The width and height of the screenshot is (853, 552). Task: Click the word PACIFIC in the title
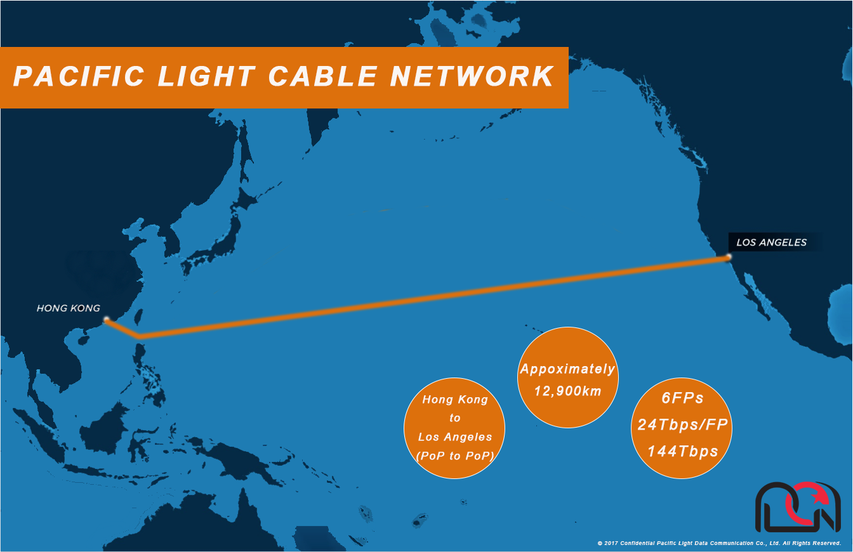[x=79, y=76]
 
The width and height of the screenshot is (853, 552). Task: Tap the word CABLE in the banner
[x=322, y=76]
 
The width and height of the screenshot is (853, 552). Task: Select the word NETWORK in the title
[x=472, y=76]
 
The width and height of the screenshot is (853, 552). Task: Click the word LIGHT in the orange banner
[x=206, y=76]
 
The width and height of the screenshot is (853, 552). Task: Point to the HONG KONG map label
[x=69, y=308]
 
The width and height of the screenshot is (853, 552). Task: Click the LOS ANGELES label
[x=772, y=242]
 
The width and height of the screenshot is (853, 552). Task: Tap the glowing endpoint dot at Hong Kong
[x=107, y=319]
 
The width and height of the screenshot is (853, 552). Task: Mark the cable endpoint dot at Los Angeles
[x=729, y=257]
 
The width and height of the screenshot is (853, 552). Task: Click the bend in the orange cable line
[x=140, y=336]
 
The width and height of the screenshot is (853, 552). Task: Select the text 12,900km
[x=568, y=391]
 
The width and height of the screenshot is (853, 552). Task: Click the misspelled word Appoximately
[x=568, y=369]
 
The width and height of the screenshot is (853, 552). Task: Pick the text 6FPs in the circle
[x=682, y=398]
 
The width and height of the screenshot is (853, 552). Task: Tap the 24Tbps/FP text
[x=682, y=424]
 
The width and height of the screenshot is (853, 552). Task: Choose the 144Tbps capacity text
[x=682, y=452]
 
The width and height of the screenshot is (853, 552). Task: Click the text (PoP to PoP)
[x=455, y=456]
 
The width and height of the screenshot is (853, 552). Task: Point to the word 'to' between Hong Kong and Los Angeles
[x=455, y=418]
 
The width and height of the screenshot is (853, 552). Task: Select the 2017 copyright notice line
[x=719, y=543]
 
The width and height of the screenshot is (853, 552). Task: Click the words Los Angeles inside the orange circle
[x=455, y=437]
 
